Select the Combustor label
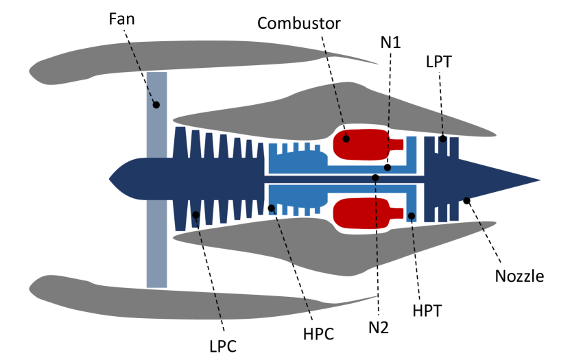299,23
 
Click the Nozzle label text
519,277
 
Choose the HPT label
427,311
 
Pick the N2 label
378,327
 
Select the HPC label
318,335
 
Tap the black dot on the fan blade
156,105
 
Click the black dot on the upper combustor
346,139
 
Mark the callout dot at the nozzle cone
467,200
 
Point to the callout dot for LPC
196,215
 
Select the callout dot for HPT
411,216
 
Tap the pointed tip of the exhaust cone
538,180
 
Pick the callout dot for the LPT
443,139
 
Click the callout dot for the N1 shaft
388,167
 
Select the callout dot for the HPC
272,208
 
